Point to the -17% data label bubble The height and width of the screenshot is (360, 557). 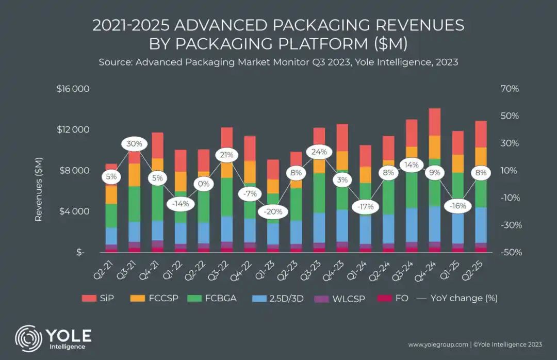(366, 207)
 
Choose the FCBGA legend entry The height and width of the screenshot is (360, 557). (215, 298)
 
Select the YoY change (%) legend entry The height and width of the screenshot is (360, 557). (449, 298)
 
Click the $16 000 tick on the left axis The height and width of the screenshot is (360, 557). (73, 89)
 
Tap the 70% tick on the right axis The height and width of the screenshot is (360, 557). (510, 89)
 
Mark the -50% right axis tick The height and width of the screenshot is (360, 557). (509, 252)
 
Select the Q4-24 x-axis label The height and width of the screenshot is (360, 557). (430, 269)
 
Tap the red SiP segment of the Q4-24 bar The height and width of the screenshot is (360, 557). (435, 122)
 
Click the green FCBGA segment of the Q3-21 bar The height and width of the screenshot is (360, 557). (135, 204)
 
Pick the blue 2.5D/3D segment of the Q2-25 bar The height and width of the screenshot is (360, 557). (481, 225)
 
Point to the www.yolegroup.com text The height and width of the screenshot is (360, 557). (438, 344)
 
